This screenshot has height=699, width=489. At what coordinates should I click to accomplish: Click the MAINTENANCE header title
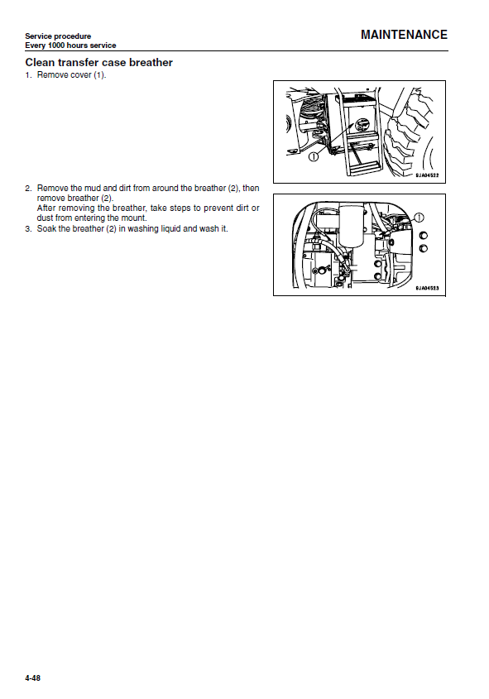tap(404, 35)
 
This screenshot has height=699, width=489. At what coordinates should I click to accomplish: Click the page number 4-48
tap(32, 678)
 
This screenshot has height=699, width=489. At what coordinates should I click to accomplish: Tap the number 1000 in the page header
tap(56, 45)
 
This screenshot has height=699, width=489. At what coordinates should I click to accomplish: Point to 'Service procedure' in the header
tap(58, 36)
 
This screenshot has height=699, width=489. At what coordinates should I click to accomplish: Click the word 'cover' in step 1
tap(81, 75)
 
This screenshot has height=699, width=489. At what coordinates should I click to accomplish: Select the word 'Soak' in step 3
tap(46, 228)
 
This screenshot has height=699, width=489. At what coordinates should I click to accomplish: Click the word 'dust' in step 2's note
tap(45, 218)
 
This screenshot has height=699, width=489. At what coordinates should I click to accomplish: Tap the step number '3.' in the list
tap(28, 229)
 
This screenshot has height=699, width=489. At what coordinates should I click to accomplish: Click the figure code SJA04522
tap(427, 175)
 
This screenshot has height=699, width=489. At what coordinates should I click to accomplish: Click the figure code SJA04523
tap(427, 289)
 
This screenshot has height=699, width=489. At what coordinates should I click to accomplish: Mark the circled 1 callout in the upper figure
tap(314, 157)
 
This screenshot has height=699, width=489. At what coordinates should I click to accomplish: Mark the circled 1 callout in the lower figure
tap(419, 218)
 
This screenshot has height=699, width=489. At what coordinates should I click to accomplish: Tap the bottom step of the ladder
tap(365, 169)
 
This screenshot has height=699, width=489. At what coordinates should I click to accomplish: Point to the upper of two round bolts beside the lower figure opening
tap(423, 236)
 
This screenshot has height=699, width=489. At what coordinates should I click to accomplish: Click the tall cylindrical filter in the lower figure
tap(352, 225)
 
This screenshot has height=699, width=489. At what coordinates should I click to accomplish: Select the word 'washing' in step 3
tap(142, 228)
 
